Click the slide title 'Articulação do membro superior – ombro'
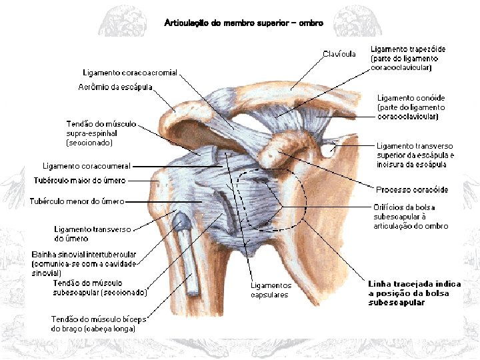click(243, 23)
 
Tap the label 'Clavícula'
click(339, 53)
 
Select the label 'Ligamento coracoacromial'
click(130, 73)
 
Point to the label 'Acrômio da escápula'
click(115, 87)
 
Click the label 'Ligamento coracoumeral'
click(86, 166)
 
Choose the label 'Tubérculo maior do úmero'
click(79, 181)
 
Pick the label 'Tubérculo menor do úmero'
click(77, 201)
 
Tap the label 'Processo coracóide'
click(412, 190)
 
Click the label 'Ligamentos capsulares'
click(271, 290)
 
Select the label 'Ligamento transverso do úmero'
click(93, 233)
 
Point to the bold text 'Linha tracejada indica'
click(415, 284)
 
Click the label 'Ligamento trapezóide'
click(407, 49)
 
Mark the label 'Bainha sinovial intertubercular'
click(84, 255)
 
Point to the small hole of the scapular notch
click(327, 150)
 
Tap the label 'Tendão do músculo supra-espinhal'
click(101, 124)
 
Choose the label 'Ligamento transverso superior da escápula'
click(414, 146)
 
